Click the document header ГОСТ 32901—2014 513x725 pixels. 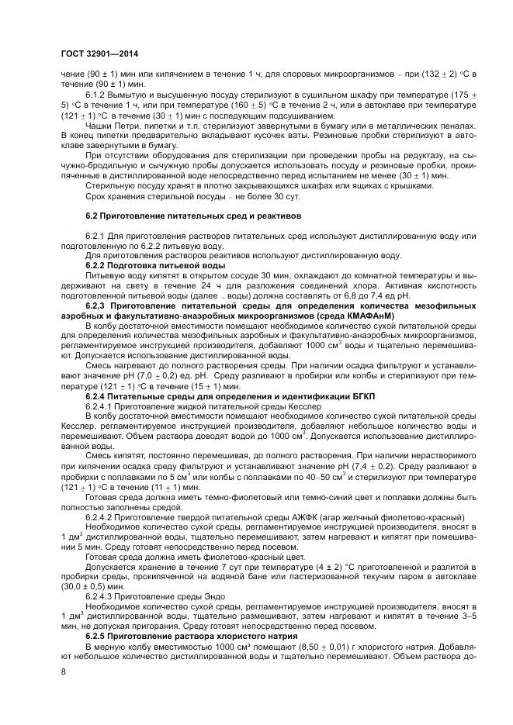pyautogui.click(x=97, y=50)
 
